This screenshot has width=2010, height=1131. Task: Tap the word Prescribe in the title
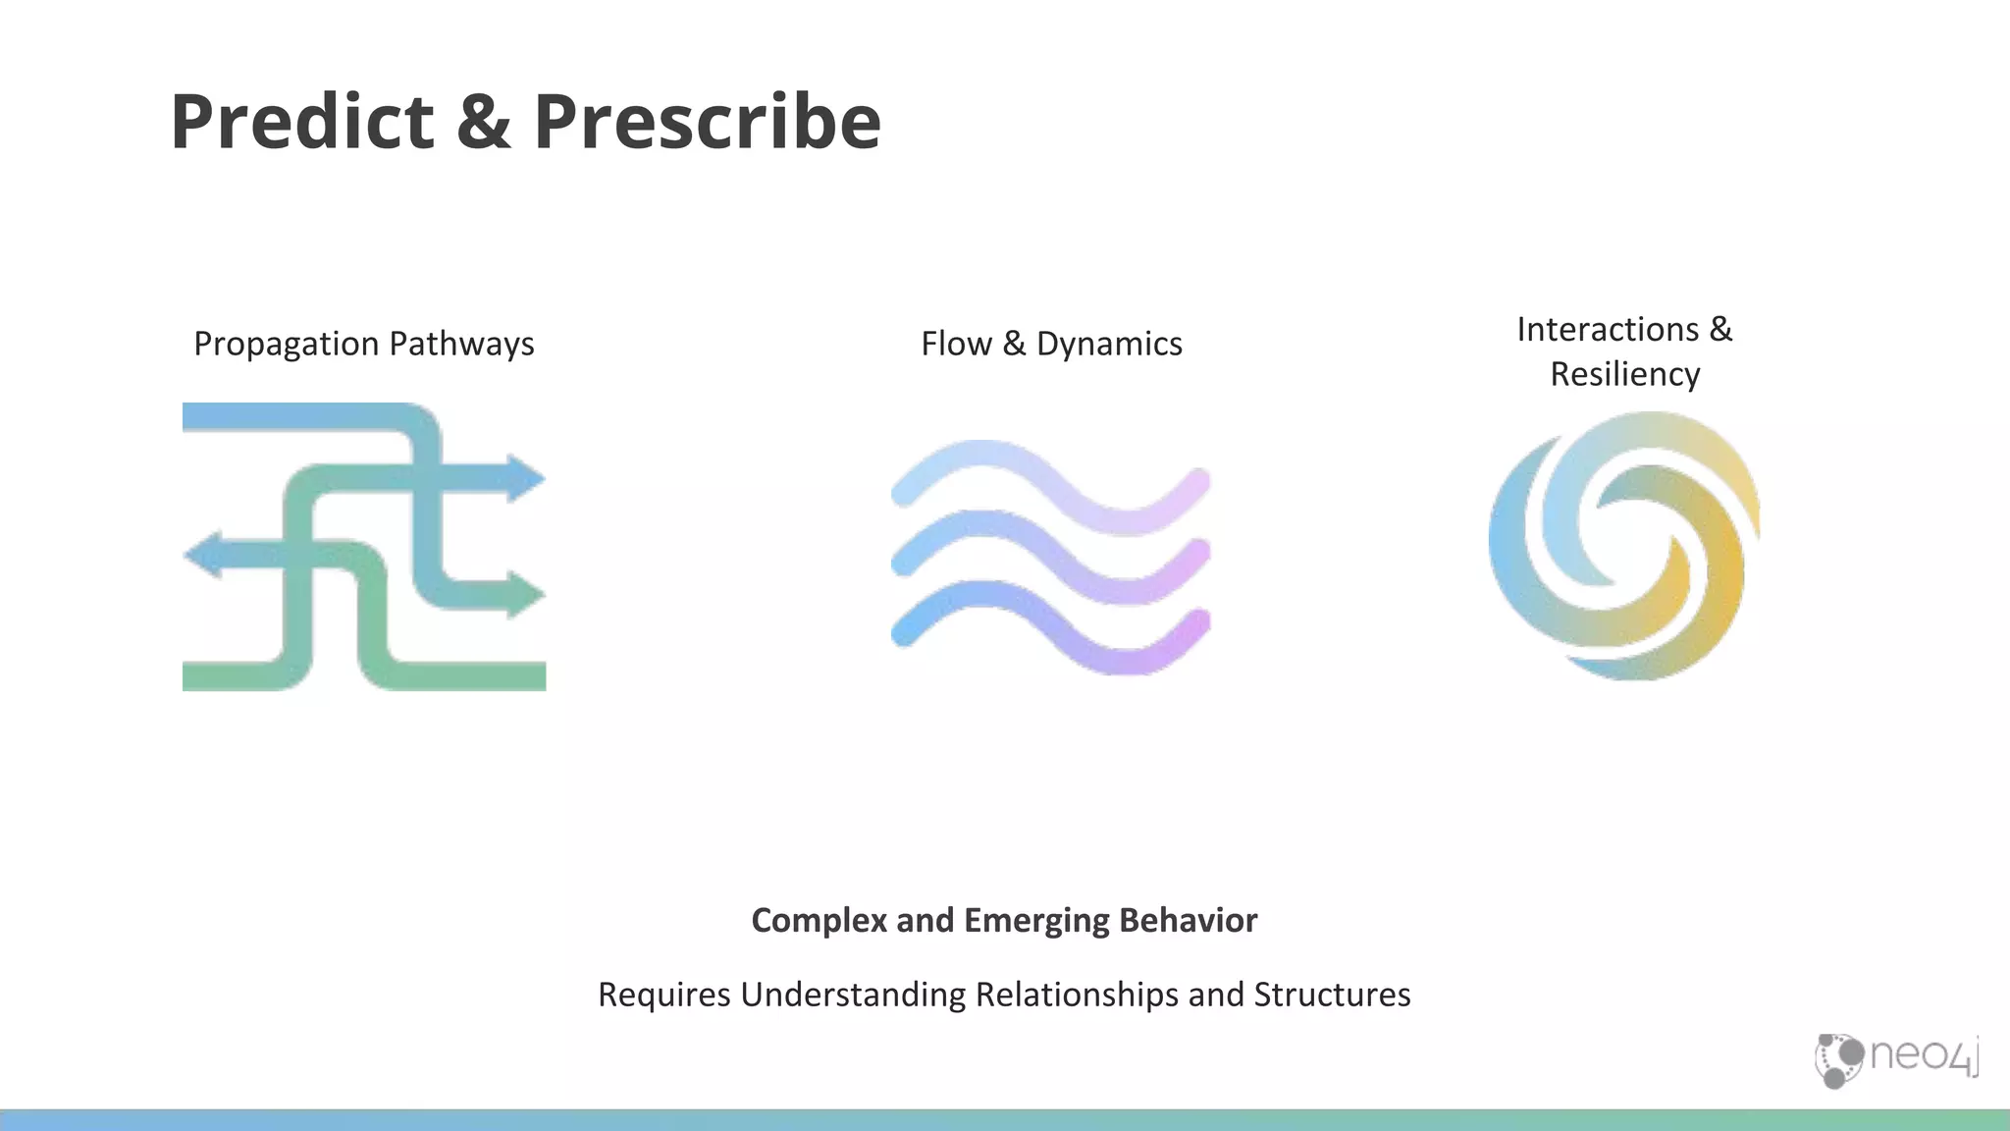point(707,122)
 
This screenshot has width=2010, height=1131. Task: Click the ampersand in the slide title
point(483,122)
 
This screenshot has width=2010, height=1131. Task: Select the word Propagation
point(286,345)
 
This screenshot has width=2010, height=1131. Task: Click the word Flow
point(956,345)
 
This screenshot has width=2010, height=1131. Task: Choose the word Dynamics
point(1109,345)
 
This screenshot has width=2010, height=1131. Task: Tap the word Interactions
point(1608,330)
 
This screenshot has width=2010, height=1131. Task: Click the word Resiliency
point(1624,375)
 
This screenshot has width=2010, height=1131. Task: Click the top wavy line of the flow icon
point(1050,487)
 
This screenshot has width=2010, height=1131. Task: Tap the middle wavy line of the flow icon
point(1050,557)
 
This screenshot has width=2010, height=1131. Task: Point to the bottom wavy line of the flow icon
point(1050,627)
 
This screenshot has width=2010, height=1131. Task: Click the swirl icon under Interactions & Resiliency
point(1624,546)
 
